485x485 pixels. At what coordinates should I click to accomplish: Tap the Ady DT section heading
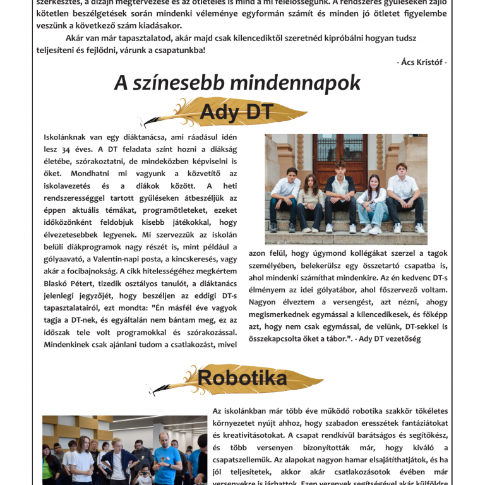[x=227, y=112]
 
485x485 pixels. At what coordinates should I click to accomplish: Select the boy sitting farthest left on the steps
[x=284, y=196]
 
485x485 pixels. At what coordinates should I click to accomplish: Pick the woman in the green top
[x=49, y=465]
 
